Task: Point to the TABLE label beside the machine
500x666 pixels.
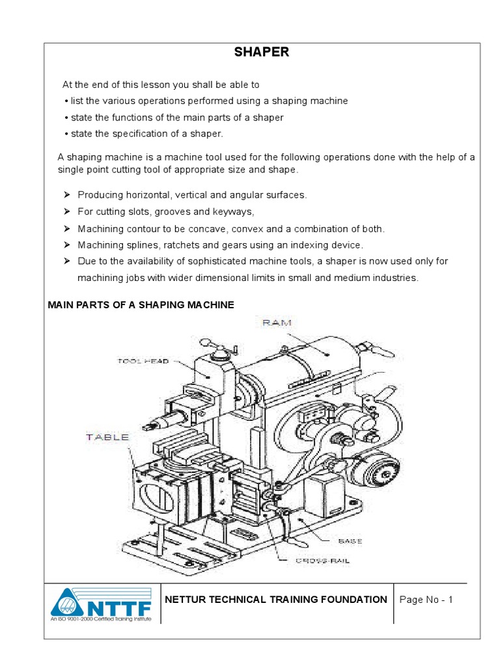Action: (107, 437)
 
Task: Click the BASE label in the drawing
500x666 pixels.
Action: (350, 541)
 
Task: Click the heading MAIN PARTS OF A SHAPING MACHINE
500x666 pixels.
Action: (141, 305)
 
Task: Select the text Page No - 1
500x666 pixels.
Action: (426, 600)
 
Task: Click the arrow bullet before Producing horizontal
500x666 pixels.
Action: (66, 195)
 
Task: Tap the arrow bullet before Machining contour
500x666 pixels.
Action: (66, 229)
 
